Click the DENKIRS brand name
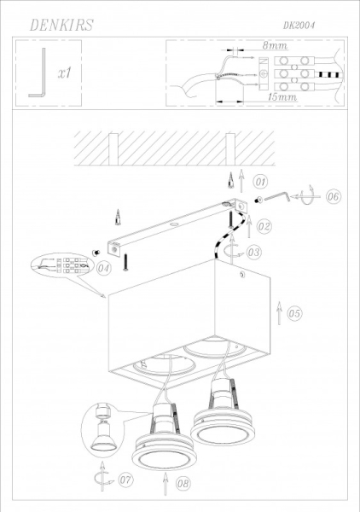coord(61,25)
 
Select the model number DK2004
coord(299,25)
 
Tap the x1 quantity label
coord(65,73)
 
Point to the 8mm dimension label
coord(275,45)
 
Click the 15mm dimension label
coord(282,97)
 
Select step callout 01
coord(260,182)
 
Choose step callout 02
coord(264,226)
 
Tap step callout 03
coord(253,253)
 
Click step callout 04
coord(104,269)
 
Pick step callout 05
coord(294,313)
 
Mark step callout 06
coord(334,196)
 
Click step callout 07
coord(125,480)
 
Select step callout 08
coord(183,483)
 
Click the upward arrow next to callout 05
coord(279,313)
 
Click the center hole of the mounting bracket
coord(174,224)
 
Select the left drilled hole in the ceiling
coord(113,148)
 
